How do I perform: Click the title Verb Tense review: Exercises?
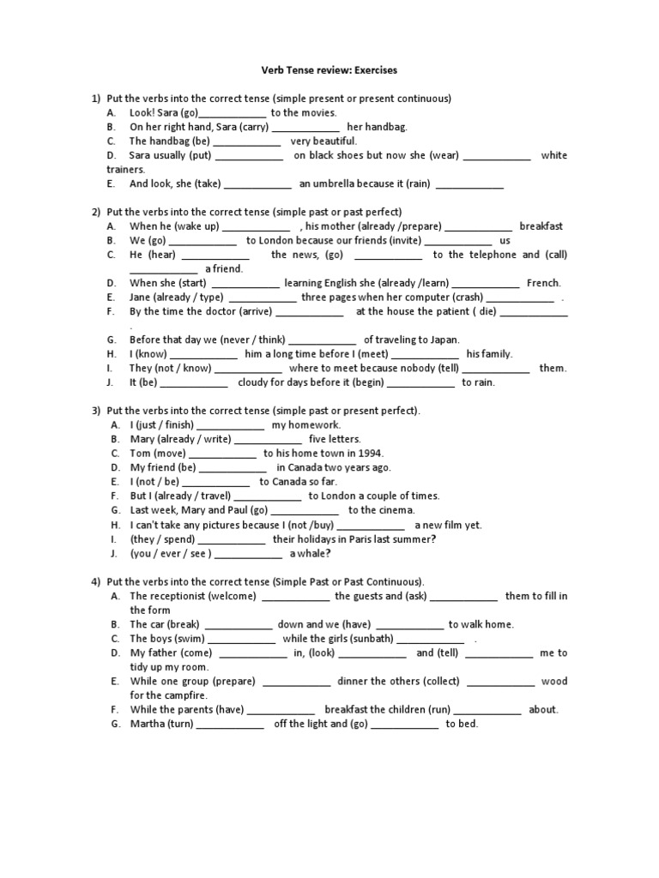pos(329,69)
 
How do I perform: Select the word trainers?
pos(125,170)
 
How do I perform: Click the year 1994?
pos(371,454)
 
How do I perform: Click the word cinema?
pos(396,510)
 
